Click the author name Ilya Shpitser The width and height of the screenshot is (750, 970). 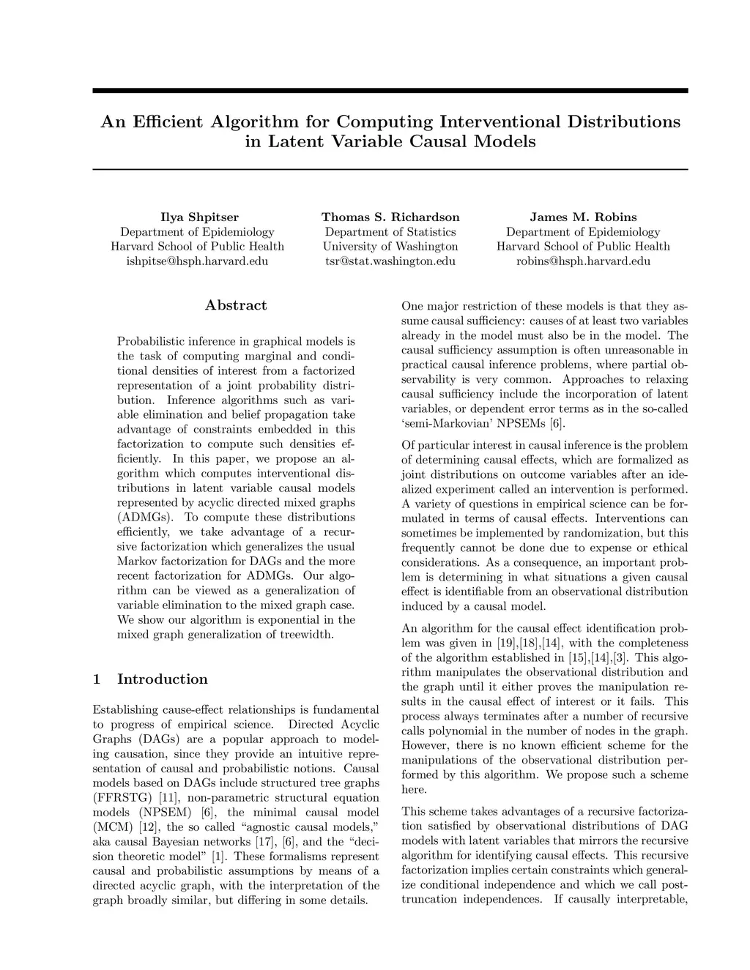coord(199,217)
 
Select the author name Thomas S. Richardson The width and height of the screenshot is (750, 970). coord(390,217)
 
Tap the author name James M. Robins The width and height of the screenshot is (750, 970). coord(583,217)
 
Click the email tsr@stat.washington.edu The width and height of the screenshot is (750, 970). coord(390,261)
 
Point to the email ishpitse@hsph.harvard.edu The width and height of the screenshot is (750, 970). coord(197,261)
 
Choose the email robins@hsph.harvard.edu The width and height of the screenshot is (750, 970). coord(583,261)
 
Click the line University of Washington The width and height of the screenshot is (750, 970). coord(390,247)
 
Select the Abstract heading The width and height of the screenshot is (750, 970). coord(236,306)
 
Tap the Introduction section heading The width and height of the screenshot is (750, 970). coord(162,679)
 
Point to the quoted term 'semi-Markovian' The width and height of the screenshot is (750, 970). coord(445,424)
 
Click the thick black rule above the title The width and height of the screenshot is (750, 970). coord(390,91)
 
